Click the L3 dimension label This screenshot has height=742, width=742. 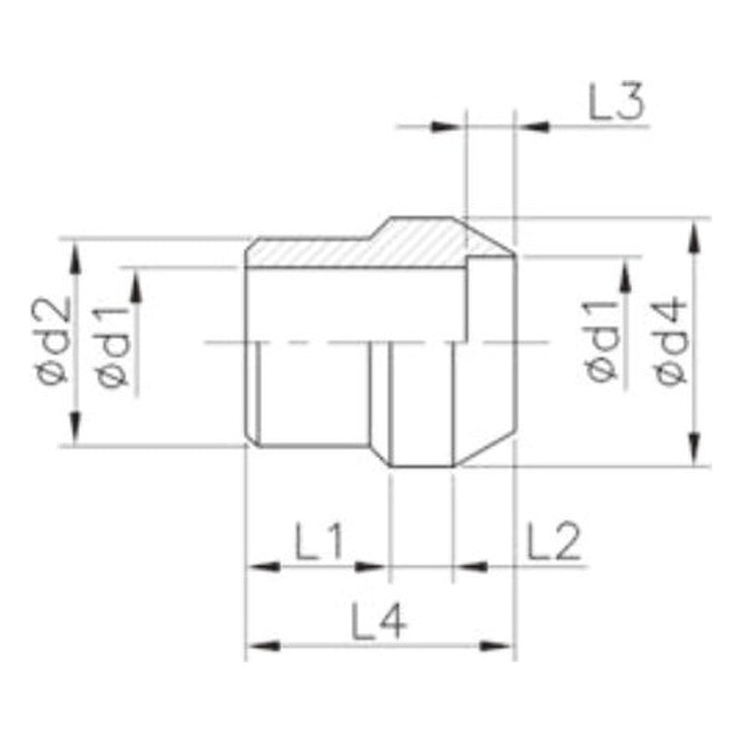tap(616, 102)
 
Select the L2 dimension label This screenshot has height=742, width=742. tap(553, 541)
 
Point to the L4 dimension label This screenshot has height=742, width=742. tap(378, 620)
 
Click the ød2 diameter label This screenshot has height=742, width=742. tap(53, 340)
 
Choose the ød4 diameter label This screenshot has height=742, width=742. tap(671, 340)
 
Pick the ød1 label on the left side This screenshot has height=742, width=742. tap(112, 347)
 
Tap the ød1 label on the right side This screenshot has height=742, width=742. tap(602, 340)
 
